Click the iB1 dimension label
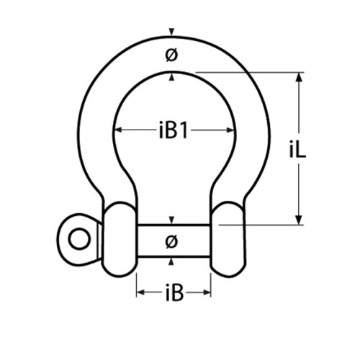pos(173,130)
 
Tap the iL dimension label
pos(297,149)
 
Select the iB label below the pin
pos(174,292)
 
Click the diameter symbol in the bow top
pos(171,55)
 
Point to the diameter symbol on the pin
pos(171,241)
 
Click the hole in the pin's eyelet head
pos(79,239)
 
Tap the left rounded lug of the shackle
pos(120,239)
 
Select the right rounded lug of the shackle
pos(228,239)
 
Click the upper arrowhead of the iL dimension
pos(299,77)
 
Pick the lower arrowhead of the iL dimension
pos(299,220)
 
